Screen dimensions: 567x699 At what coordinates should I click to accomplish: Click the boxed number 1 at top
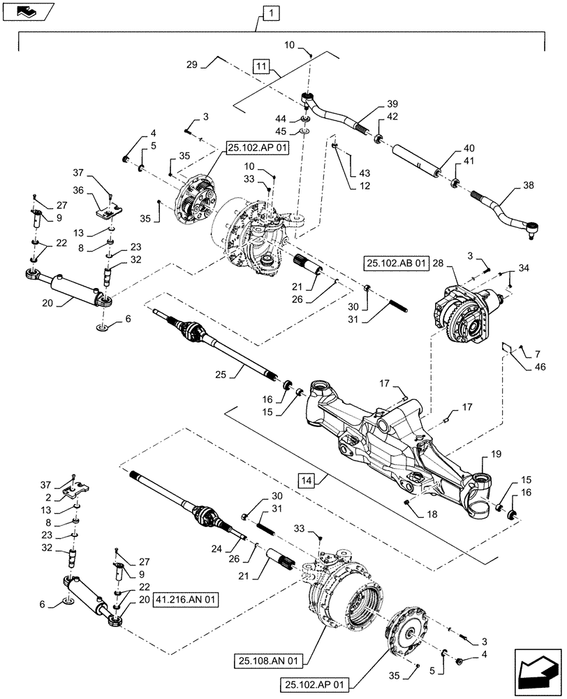pyautogui.click(x=270, y=12)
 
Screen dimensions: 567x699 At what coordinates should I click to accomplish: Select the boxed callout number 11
pyautogui.click(x=260, y=67)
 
